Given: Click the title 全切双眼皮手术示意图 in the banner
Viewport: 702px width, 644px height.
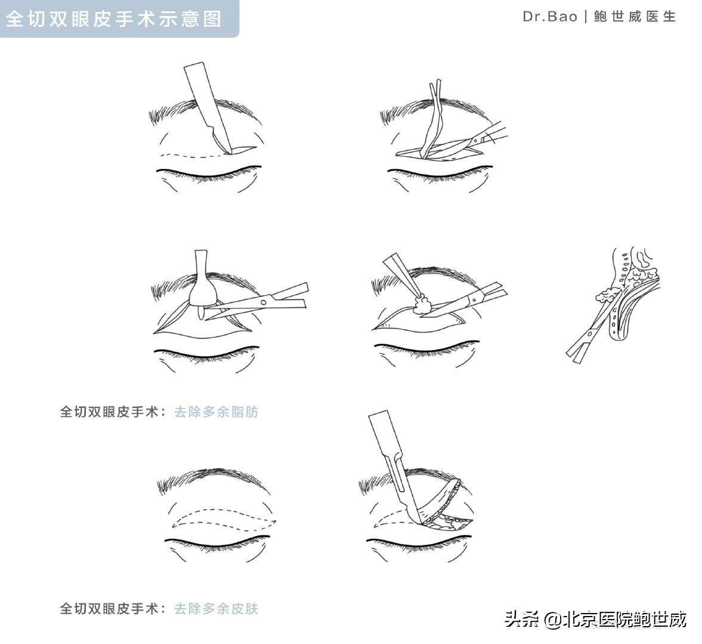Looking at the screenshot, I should point(113,18).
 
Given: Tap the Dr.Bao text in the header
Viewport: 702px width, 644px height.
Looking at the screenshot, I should point(549,17).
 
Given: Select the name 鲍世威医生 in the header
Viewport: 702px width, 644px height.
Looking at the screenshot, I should point(635,17).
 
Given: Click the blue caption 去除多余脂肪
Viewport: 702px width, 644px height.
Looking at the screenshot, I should point(216,411).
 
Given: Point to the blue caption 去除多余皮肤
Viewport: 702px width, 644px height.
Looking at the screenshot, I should point(216,609).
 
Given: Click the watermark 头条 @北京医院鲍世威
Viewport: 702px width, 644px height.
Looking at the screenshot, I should point(596,619).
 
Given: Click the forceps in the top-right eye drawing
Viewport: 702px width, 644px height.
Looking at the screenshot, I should point(432,119).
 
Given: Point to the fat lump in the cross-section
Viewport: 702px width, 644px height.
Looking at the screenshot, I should point(607,296).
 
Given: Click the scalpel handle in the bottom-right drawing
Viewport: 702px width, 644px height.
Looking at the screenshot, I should point(382,441).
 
